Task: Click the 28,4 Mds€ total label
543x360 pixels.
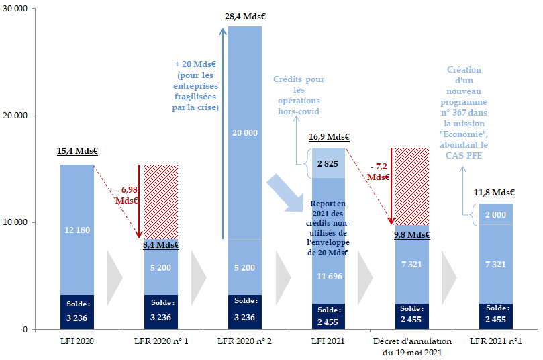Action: (244, 16)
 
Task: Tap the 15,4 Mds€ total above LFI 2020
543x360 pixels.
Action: (77, 152)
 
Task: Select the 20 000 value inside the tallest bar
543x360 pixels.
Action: (244, 133)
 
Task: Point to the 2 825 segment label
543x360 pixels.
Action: (328, 163)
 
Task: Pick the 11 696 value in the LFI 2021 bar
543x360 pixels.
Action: (328, 276)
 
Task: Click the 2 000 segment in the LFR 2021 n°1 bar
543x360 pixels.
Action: (495, 214)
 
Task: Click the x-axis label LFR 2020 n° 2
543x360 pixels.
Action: (244, 341)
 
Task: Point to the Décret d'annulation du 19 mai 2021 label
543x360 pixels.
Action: (412, 347)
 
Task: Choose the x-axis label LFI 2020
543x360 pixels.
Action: (77, 341)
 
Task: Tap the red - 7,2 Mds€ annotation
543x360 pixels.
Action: (377, 171)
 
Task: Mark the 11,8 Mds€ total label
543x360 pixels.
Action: (495, 193)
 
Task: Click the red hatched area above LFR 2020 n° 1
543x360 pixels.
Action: (161, 201)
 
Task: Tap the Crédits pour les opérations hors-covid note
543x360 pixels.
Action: (299, 95)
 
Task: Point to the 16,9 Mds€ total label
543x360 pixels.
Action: (328, 138)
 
